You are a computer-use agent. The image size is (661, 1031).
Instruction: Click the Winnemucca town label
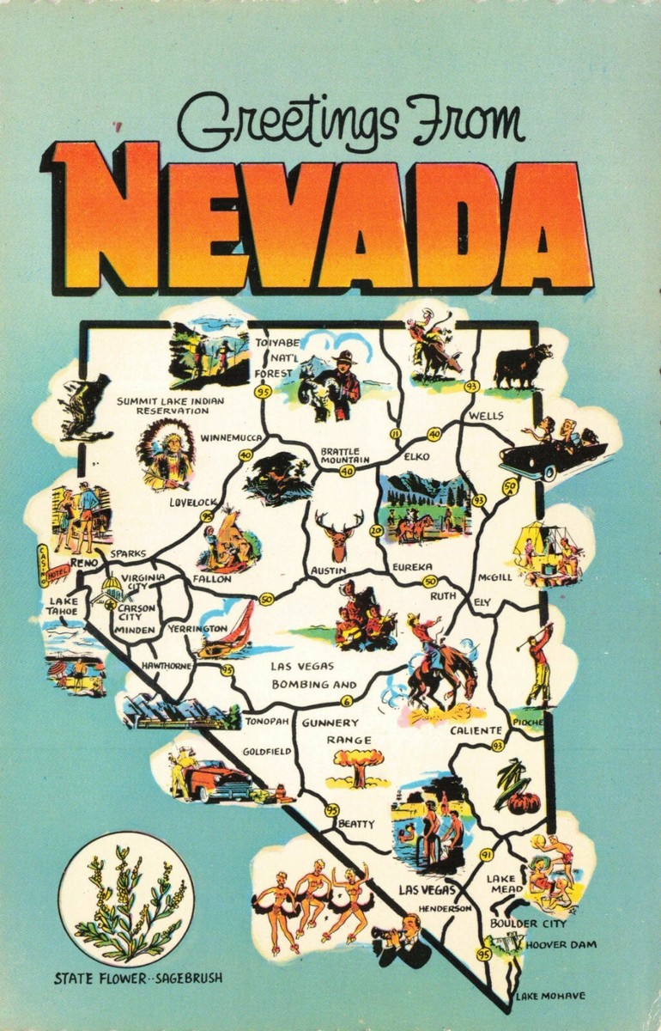[230, 437]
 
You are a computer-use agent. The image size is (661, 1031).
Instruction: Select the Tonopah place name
[264, 722]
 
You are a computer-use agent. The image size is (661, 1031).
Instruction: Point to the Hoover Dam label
[555, 944]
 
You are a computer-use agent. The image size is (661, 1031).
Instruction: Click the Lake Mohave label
[550, 996]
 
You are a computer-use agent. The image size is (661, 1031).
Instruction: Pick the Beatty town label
[356, 824]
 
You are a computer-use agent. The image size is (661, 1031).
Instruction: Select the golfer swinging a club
[538, 662]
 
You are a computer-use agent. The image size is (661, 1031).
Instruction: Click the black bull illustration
[522, 364]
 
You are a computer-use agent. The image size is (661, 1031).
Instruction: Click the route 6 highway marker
[346, 700]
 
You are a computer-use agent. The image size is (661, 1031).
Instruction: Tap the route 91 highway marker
[486, 855]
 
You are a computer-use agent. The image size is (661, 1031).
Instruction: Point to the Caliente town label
[476, 730]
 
